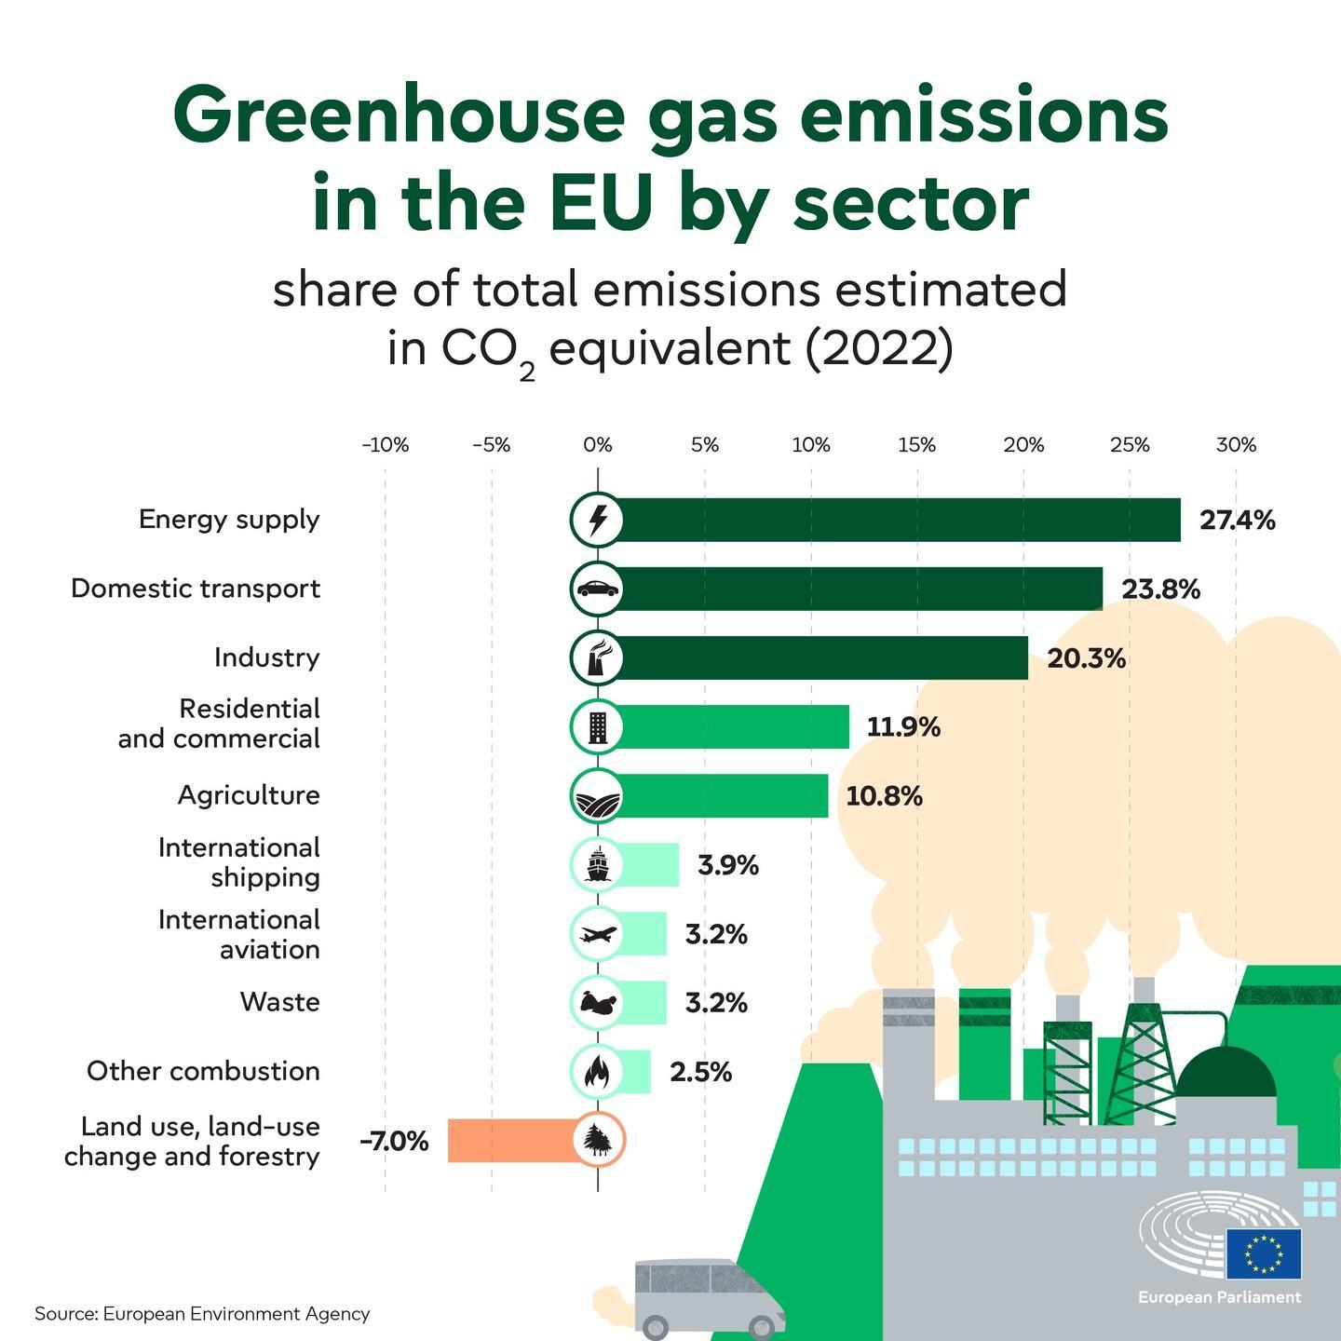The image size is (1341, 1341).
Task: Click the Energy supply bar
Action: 894,520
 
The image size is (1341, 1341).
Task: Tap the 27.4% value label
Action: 1237,521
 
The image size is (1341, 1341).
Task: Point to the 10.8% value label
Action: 884,796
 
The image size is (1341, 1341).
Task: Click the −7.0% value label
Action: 395,1141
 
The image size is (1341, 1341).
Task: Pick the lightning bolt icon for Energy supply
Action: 597,520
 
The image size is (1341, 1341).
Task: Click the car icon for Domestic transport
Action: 597,589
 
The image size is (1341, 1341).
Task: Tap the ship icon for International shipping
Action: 597,865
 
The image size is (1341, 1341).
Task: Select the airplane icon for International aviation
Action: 597,933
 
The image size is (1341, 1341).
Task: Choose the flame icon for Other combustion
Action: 597,1072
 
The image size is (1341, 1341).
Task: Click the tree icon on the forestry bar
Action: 597,1140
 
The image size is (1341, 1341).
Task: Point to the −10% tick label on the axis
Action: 385,445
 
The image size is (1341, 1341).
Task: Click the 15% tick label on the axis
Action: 916,445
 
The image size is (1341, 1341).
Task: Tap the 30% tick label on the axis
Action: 1236,445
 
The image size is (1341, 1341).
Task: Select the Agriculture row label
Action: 249,795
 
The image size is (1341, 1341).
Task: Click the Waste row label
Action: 279,1002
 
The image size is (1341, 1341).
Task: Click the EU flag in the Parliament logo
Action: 1264,1253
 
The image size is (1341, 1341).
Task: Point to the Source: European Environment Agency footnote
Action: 202,1314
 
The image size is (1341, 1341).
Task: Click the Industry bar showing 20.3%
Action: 819,657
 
